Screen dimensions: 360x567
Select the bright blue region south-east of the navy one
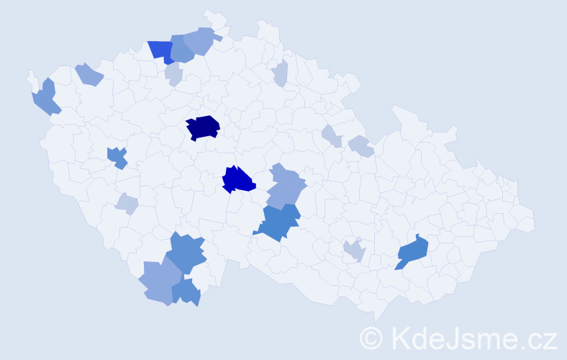click(x=238, y=180)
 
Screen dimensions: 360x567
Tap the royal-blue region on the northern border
click(x=161, y=50)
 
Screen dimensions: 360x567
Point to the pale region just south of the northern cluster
click(x=173, y=73)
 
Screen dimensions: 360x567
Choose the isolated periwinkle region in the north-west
click(x=89, y=73)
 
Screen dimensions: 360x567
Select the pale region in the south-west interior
click(x=127, y=204)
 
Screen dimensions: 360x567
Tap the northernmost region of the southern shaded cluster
click(x=186, y=252)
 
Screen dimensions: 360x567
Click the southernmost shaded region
click(x=187, y=292)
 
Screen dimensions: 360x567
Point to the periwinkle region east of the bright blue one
click(x=286, y=186)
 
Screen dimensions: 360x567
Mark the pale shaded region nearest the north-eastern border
click(x=281, y=73)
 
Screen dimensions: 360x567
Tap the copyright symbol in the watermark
click(x=371, y=338)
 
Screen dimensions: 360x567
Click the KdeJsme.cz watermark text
click(x=472, y=338)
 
